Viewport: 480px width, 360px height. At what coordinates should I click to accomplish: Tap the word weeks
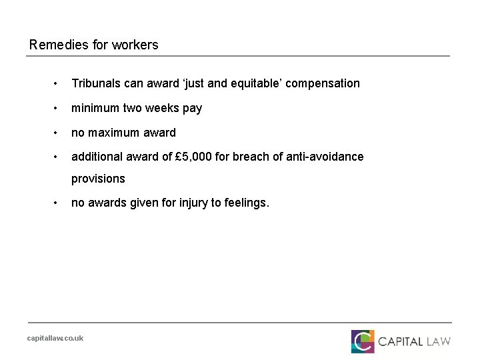[158, 108]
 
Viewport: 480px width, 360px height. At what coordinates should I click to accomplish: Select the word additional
[97, 157]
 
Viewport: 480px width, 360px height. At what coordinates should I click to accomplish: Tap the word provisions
[98, 179]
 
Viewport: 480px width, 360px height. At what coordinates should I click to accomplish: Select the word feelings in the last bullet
[247, 203]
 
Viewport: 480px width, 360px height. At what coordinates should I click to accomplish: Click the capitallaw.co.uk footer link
[55, 338]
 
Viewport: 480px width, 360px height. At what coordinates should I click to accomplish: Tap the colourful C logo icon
[363, 341]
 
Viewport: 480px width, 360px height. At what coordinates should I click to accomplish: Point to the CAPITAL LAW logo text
[414, 341]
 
